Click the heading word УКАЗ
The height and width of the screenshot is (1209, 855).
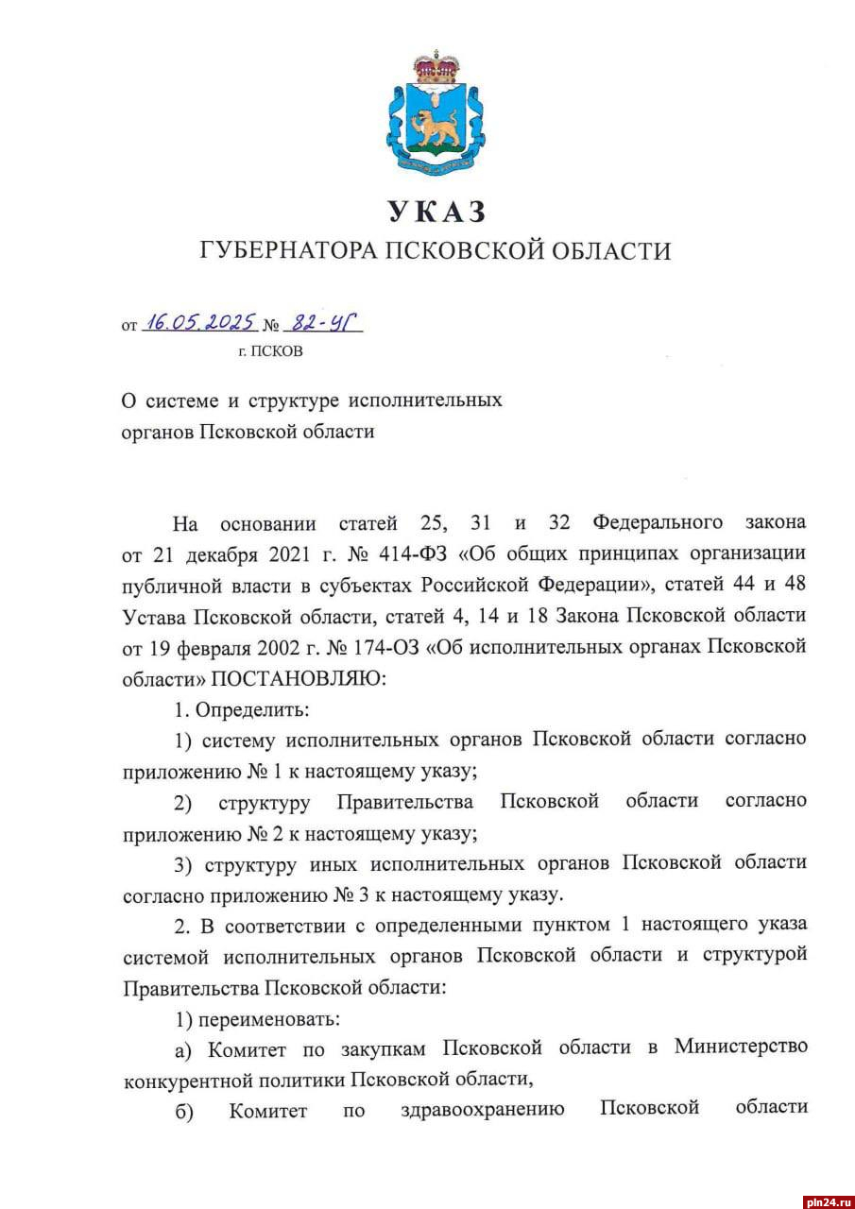(436, 211)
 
